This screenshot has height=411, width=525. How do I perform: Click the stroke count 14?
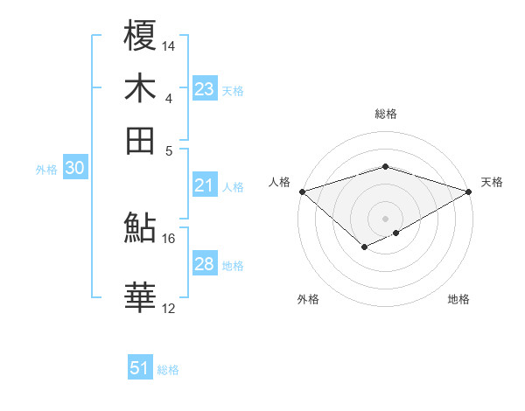(x=170, y=45)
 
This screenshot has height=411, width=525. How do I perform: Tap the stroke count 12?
(x=170, y=308)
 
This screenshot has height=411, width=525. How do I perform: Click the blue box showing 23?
(x=205, y=89)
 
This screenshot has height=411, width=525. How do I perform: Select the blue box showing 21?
(x=205, y=185)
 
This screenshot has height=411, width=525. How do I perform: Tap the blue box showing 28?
(x=205, y=265)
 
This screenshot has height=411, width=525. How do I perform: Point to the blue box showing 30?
(x=74, y=169)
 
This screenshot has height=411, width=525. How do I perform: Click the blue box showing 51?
(x=140, y=369)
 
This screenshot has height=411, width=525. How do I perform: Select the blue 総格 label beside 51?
(x=168, y=370)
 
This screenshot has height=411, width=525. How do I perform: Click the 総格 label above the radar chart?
(x=385, y=114)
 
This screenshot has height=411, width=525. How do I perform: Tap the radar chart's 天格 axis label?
(x=492, y=182)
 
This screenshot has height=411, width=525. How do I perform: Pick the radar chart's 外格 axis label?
(x=308, y=300)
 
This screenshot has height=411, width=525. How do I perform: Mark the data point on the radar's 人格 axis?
(x=302, y=191)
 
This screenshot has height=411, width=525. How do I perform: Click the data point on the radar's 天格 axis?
(x=470, y=191)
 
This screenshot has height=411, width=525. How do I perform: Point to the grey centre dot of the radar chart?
(x=385, y=218)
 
